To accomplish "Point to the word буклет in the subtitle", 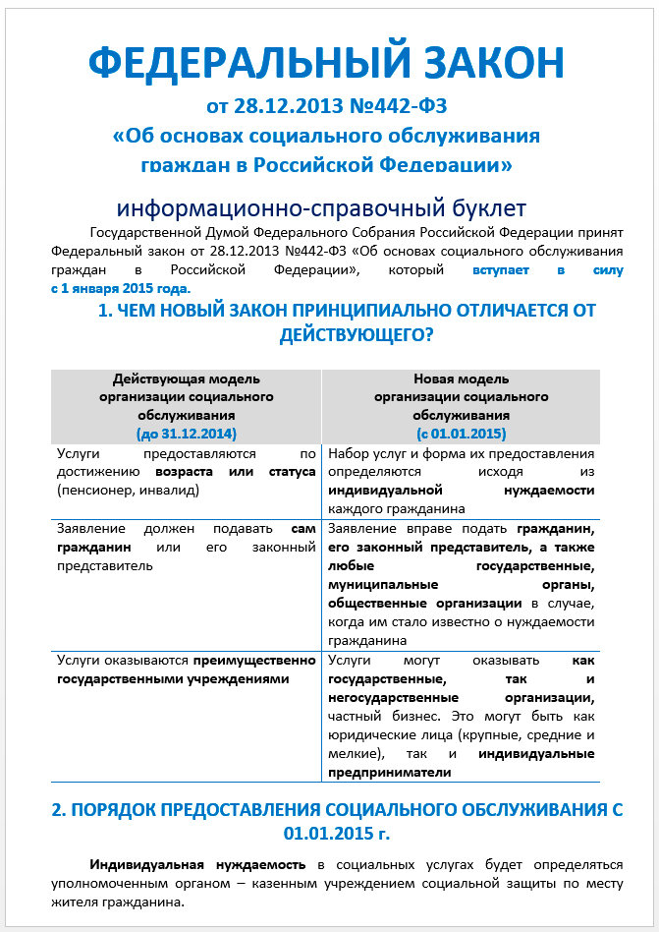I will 480,208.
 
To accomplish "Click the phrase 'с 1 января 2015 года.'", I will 121,289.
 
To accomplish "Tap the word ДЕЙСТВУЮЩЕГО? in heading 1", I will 357,334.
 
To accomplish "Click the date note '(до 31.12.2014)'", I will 187,433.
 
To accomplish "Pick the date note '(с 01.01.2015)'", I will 461,433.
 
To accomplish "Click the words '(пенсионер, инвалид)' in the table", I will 125,489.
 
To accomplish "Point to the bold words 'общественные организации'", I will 425,603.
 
